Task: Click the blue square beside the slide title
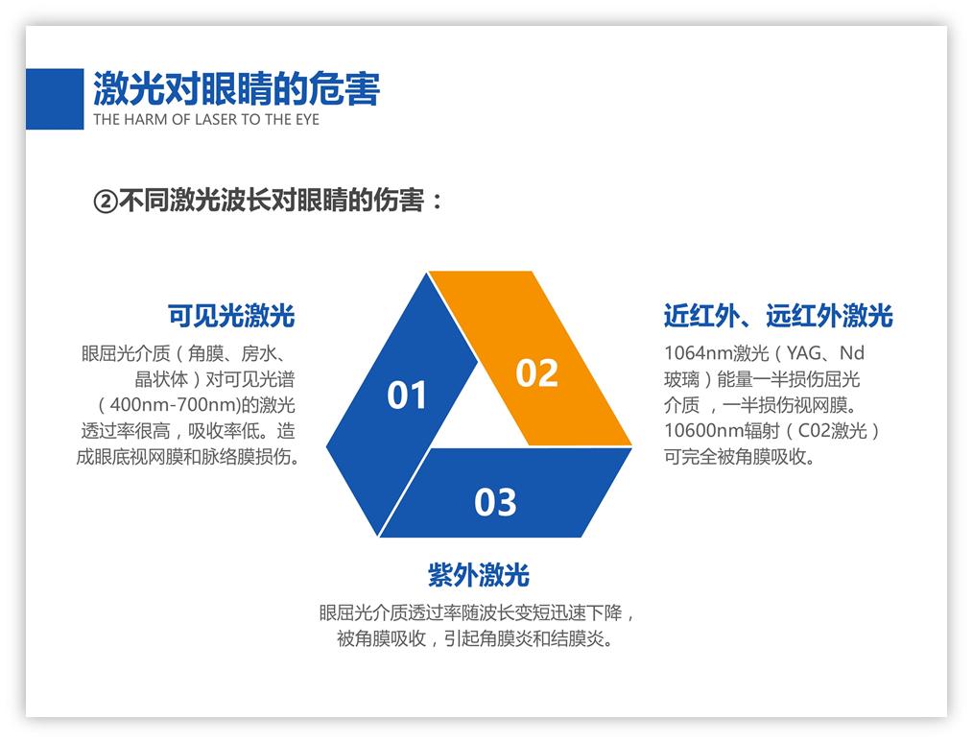pos(54,98)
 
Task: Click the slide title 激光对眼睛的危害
pos(236,88)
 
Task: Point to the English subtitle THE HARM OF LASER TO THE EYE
pos(206,120)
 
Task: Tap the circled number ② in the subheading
pos(105,202)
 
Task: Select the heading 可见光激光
pos(231,315)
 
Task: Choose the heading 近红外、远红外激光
pos(778,315)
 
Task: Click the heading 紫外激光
pos(478,575)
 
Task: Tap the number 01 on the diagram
pos(407,395)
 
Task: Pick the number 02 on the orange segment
pos(536,372)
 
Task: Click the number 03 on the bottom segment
pos(495,501)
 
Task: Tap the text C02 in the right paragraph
pos(815,430)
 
